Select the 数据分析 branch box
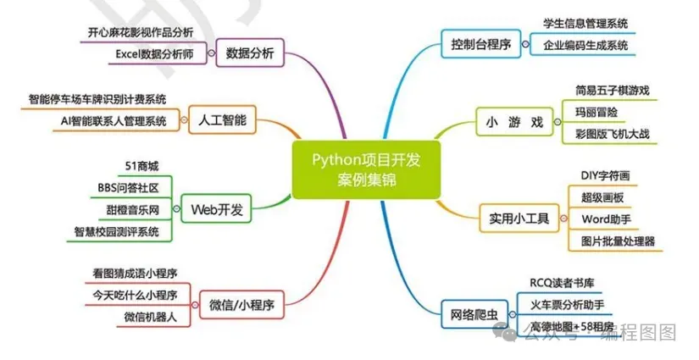(x=250, y=53)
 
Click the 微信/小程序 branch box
(x=241, y=302)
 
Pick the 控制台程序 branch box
(x=481, y=44)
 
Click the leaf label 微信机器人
(x=148, y=316)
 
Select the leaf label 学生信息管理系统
(x=585, y=24)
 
